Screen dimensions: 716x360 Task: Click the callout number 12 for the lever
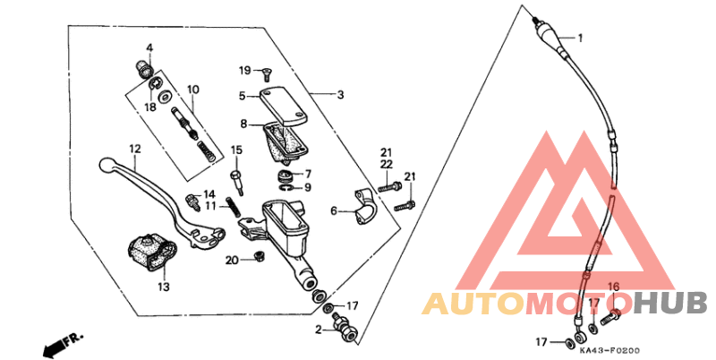135,150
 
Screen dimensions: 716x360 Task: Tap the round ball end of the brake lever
107,165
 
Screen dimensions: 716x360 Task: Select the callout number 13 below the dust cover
164,287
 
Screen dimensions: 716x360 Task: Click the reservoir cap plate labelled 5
284,106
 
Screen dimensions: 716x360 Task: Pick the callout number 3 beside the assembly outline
340,95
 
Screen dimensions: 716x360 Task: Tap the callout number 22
387,164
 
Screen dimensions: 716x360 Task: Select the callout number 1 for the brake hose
580,39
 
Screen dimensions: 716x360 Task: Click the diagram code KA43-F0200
609,351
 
